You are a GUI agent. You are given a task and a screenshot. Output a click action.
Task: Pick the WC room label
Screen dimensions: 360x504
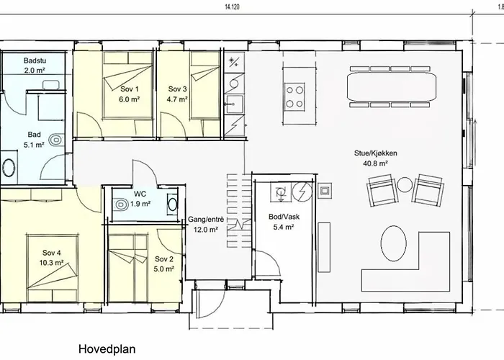(140, 194)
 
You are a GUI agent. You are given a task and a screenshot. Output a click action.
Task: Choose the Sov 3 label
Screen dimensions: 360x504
(177, 89)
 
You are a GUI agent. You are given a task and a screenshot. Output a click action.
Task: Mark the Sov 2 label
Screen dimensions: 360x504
(163, 258)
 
